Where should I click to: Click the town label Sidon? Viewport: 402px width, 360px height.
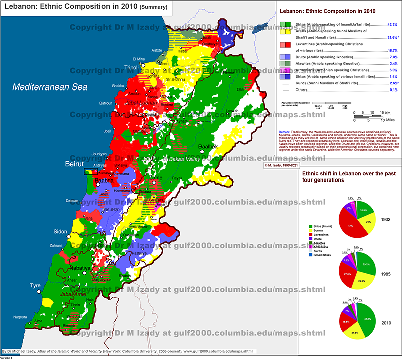pyautogui.click(x=61, y=232)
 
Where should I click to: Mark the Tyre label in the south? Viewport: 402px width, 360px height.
pyautogui.click(x=35, y=285)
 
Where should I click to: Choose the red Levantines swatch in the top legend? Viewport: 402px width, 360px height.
pyautogui.click(x=285, y=47)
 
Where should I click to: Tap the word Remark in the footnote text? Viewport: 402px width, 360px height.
pyautogui.click(x=284, y=132)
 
